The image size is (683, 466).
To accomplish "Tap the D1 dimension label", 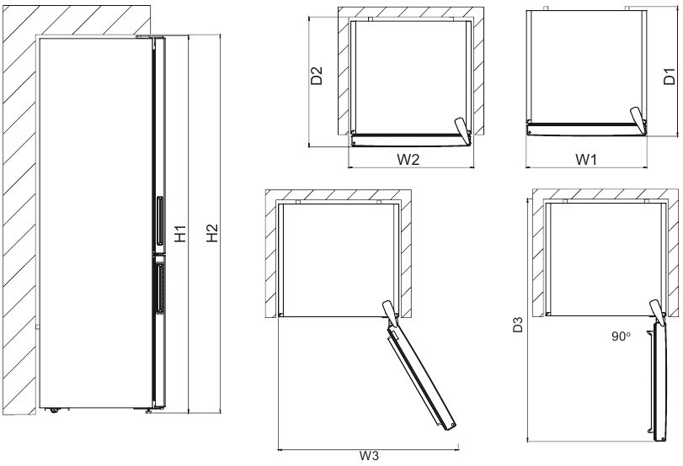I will point(670,77).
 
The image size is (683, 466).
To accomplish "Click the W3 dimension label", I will point(366,457).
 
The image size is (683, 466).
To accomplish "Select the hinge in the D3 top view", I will point(654,312).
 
